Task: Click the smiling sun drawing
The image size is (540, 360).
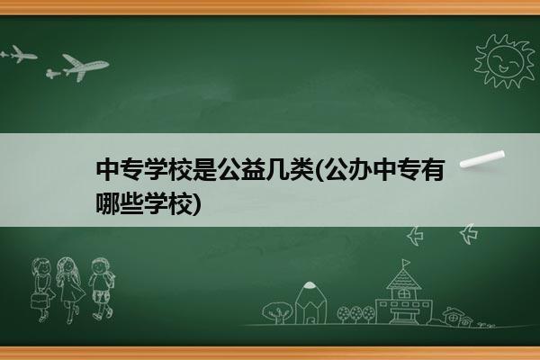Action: coord(505,61)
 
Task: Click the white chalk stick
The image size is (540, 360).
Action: coord(482,159)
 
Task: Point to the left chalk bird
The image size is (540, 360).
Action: coord(415,236)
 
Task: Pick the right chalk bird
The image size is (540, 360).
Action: coord(469,234)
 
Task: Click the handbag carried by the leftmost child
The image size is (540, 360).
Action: coord(39,301)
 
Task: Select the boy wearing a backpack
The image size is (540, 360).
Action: coord(101,288)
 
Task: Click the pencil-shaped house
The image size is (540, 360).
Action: coord(310,302)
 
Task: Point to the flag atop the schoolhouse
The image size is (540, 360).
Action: coord(406,263)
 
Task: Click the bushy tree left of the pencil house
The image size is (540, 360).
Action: coord(277,312)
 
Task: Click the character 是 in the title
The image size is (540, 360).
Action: coord(204,170)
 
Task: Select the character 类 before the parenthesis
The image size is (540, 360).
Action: coord(302,170)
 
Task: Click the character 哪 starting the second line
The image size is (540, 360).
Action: coord(108,203)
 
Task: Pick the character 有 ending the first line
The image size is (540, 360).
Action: coord(433,170)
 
